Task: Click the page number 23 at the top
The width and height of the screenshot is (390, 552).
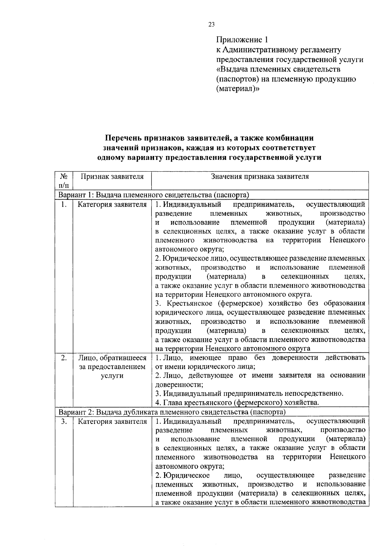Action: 211,25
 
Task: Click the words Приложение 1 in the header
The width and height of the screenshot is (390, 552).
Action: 242,40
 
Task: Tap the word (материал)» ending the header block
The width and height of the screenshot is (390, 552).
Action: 238,89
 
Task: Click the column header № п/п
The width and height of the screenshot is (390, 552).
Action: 64,181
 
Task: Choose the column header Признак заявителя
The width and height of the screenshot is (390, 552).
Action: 112,177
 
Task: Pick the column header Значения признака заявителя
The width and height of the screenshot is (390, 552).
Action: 260,177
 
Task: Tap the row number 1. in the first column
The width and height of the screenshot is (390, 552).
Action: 64,204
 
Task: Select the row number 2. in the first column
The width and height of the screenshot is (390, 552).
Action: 64,358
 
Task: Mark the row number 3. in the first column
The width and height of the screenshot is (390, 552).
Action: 64,422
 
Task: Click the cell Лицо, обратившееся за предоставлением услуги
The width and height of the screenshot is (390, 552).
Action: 112,367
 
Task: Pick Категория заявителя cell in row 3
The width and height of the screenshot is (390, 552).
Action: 112,422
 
